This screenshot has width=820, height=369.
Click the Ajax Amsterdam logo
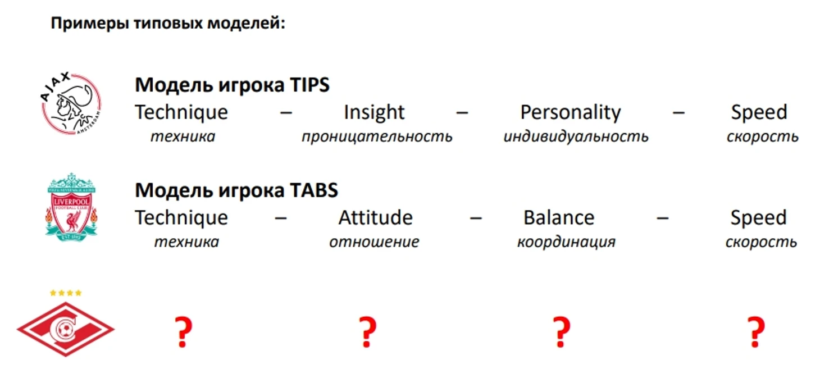tap(71, 103)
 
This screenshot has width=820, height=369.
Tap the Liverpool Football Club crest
tap(71, 207)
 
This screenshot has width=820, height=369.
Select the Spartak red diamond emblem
tap(66, 329)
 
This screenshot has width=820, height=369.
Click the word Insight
tap(374, 112)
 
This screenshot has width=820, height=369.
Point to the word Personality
tap(570, 113)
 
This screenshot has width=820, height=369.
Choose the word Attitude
tap(376, 217)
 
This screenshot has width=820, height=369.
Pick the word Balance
tap(559, 217)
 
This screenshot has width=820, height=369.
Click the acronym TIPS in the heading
tap(309, 85)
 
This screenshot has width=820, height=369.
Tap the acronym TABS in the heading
tap(314, 190)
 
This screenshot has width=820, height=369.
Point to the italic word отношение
tap(374, 242)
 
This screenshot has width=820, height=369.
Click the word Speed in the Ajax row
tap(759, 113)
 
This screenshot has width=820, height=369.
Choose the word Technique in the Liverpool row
tap(181, 218)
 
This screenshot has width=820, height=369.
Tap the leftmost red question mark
tap(183, 332)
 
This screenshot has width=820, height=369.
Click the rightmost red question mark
tap(756, 332)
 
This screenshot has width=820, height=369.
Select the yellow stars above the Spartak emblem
tap(66, 293)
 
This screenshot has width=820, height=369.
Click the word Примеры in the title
tap(90, 24)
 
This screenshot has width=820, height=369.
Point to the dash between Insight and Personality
tap(462, 113)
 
